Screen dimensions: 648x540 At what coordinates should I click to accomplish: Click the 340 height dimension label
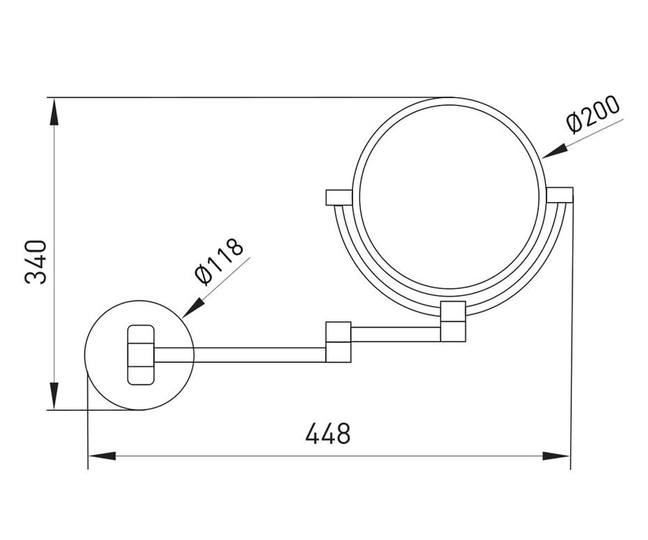click(x=36, y=262)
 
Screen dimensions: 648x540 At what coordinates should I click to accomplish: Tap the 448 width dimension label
click(x=328, y=433)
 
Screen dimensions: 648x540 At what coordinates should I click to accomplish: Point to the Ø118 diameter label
click(x=219, y=261)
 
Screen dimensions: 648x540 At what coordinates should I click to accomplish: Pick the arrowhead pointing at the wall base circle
click(x=193, y=308)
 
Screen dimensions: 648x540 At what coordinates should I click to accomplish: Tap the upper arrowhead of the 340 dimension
click(x=55, y=112)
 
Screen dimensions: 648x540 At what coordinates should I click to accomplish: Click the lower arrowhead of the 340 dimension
click(x=55, y=396)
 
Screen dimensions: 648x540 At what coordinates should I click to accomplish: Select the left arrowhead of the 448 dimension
click(x=102, y=456)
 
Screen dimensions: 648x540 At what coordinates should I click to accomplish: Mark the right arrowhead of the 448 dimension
click(x=556, y=456)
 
